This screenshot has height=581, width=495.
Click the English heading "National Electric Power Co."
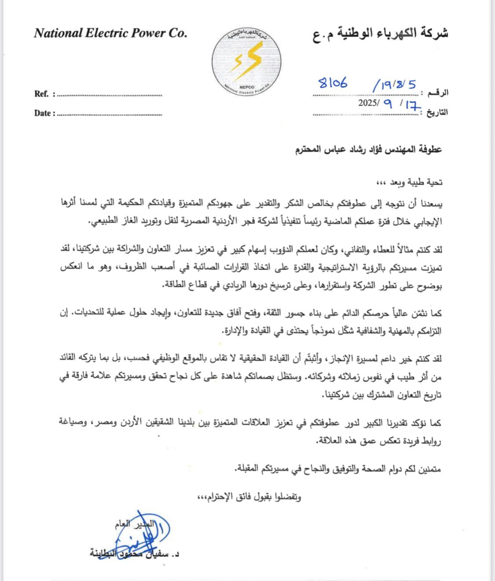pos(110,33)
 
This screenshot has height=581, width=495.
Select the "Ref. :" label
pos(44,94)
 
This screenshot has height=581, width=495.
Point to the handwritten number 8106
pos(333,83)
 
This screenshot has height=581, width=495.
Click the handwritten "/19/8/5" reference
pos(394,85)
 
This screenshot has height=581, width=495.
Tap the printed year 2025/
pos(369,103)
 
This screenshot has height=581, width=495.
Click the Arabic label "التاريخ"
pos(437,112)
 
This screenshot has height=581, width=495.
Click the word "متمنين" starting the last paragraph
pos(429,468)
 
